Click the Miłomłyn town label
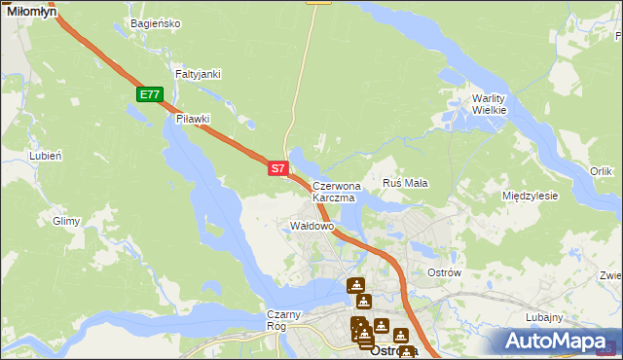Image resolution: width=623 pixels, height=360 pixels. (31, 11)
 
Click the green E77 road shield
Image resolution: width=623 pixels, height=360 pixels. (149, 94)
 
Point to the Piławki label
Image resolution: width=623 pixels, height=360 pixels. (193, 119)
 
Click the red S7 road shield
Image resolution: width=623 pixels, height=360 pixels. (277, 168)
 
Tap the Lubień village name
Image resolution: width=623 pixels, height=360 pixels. (46, 155)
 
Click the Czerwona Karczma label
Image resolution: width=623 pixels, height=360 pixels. (336, 191)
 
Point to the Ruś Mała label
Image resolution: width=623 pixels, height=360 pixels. (406, 183)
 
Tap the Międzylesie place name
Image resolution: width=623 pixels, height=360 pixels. (530, 196)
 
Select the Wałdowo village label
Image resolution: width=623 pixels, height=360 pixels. (312, 226)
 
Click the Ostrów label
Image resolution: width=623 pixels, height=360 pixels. (444, 272)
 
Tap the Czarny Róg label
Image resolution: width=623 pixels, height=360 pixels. (286, 320)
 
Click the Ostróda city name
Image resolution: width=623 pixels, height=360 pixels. (394, 351)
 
